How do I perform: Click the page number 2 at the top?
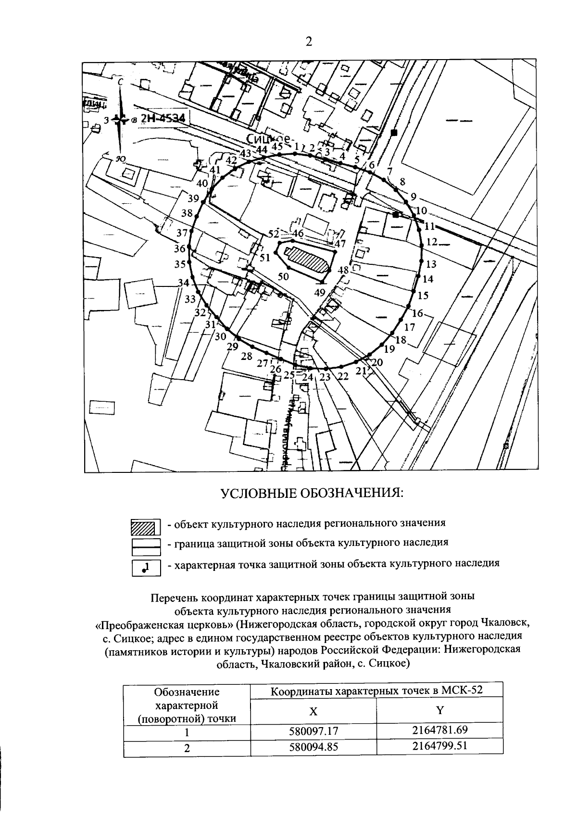pos(309,42)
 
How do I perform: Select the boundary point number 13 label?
pos(431,264)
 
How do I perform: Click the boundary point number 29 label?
pos(233,347)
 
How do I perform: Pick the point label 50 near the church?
pos(284,276)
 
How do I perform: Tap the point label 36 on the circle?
pos(179,249)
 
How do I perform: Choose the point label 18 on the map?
pos(401,340)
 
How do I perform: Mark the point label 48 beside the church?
pos(343,270)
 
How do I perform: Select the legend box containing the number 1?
pos(146,569)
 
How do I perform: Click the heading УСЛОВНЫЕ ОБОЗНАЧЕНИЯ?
pos(312,494)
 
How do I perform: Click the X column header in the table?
pos(313,712)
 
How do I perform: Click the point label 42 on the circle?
pos(232,160)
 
